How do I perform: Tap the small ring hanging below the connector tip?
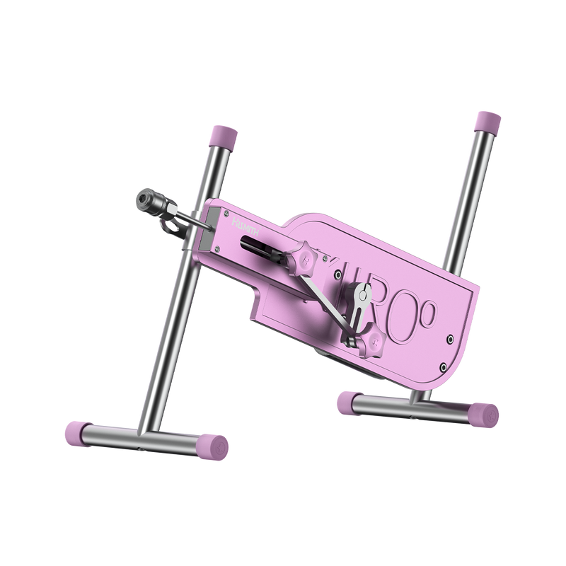(x=169, y=227)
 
